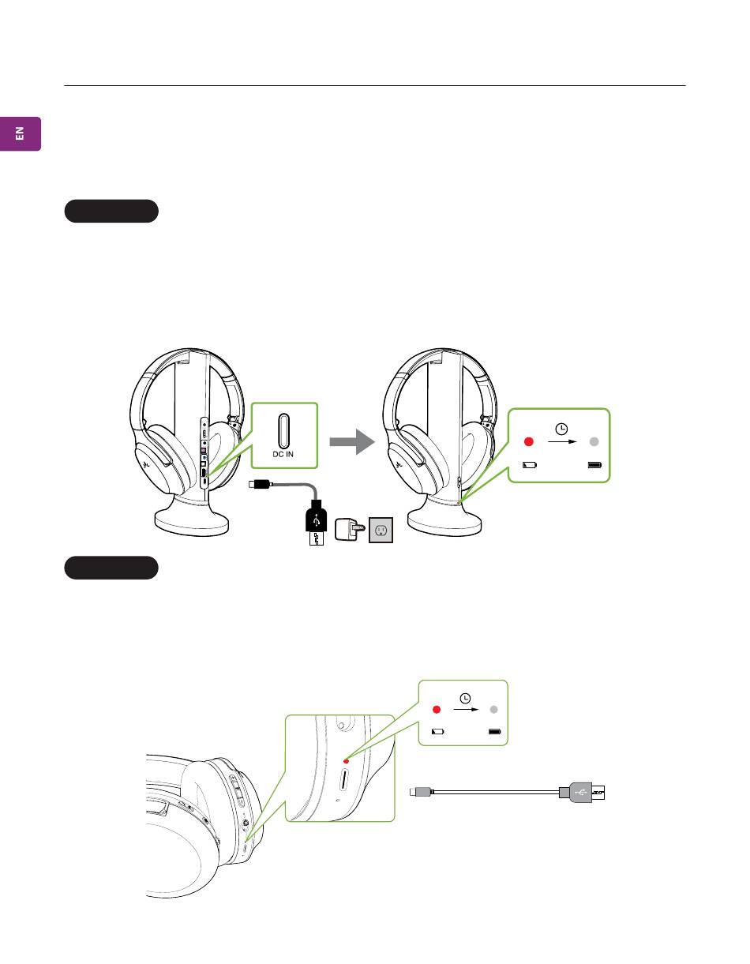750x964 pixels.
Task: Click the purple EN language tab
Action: pos(21,133)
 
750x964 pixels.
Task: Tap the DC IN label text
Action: pos(284,457)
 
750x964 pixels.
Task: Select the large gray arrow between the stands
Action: pos(351,441)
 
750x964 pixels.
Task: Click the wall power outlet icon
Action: pos(381,530)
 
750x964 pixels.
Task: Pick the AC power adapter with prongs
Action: pos(348,528)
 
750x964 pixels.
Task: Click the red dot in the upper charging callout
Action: pos(530,442)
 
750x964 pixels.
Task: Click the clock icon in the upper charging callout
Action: pos(561,429)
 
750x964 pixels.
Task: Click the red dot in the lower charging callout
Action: pos(434,710)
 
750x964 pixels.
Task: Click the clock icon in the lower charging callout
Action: pos(466,698)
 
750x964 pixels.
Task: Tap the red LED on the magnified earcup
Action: pos(346,763)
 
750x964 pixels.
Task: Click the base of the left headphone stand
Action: pos(192,521)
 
